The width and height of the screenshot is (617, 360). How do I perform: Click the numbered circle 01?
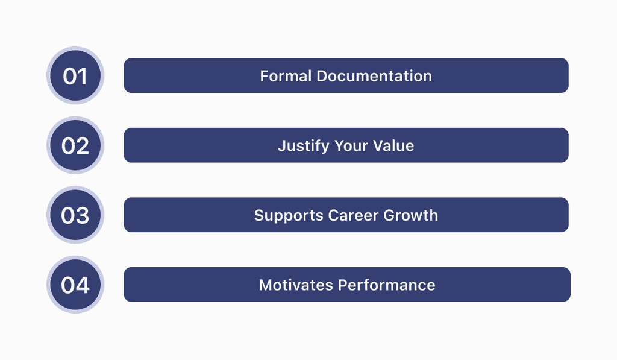(x=75, y=76)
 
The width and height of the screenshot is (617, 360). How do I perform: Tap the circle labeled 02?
(x=75, y=145)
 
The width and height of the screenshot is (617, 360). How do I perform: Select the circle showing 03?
(x=75, y=215)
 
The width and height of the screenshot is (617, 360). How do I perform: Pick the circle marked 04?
(x=75, y=285)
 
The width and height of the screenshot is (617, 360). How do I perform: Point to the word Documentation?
(x=374, y=76)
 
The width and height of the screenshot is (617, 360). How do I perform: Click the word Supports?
(x=288, y=216)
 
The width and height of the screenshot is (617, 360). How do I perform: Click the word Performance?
(x=386, y=285)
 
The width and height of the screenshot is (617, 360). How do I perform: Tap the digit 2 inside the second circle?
(x=83, y=145)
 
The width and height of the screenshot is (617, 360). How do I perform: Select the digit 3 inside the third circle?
(x=83, y=215)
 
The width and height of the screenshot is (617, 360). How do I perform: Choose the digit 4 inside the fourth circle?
(x=83, y=285)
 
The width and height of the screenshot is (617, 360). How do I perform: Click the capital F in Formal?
(x=264, y=76)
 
